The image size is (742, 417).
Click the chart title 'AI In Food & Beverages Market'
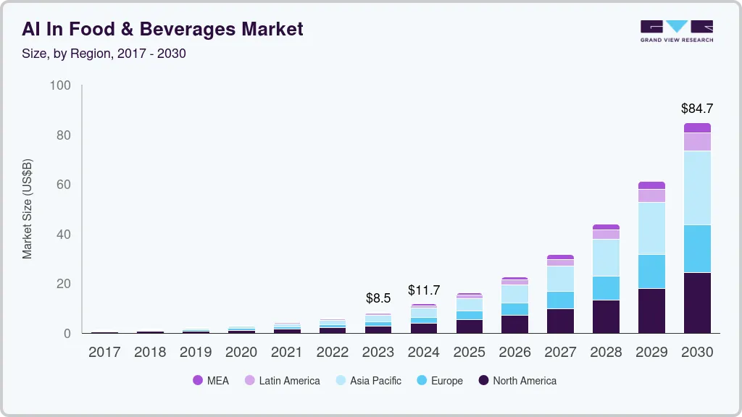tap(162, 29)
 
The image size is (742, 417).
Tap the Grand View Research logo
tap(676, 31)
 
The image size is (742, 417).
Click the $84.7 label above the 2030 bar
tap(697, 109)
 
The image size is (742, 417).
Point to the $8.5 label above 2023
tap(378, 298)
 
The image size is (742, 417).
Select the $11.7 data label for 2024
tap(424, 290)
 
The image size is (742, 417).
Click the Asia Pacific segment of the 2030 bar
tap(697, 188)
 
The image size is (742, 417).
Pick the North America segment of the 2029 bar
tap(651, 311)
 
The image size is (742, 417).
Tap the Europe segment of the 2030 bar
tap(697, 248)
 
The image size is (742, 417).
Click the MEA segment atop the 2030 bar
tap(697, 127)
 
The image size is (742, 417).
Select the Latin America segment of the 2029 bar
tap(651, 195)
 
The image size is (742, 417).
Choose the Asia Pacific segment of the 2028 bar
tap(606, 257)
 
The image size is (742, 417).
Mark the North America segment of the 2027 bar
tap(560, 321)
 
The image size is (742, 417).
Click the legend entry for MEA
tap(211, 381)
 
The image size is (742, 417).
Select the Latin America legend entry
tap(282, 381)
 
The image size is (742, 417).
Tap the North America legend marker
tap(484, 381)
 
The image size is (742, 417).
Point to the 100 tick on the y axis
tap(61, 85)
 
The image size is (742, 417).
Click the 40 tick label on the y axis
tap(64, 235)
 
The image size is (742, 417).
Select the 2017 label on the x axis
tap(104, 352)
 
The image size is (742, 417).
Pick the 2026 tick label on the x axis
tap(515, 352)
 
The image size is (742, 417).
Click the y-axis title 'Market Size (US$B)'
tap(28, 209)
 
